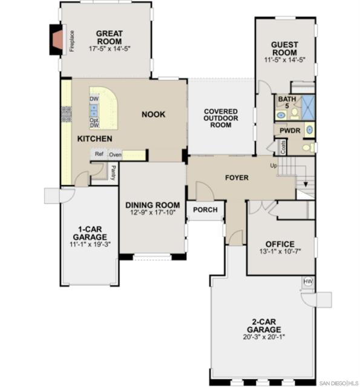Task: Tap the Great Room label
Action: [109, 37]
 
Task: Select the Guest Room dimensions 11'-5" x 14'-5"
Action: [285, 60]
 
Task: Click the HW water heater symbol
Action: [308, 281]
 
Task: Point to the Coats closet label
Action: [283, 147]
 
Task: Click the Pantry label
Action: [113, 173]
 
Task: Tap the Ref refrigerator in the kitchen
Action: [99, 154]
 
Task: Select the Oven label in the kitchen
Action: [116, 155]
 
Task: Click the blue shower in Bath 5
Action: [309, 108]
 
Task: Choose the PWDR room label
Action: [290, 131]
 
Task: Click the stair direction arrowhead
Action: [306, 184]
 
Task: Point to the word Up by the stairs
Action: [273, 166]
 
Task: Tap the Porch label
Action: [205, 210]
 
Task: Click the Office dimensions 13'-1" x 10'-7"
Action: [280, 252]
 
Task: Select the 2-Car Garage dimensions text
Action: [264, 337]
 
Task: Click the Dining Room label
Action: [152, 205]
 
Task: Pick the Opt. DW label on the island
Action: [94, 123]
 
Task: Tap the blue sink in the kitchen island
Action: [94, 110]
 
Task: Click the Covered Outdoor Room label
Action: [221, 119]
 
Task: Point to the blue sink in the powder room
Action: [310, 129]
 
